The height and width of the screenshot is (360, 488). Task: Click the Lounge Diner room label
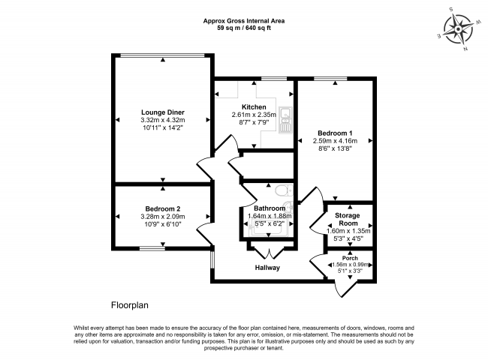[x=163, y=112]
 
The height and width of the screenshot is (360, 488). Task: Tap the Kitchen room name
[x=254, y=107]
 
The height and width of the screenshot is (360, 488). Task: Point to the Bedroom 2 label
[x=163, y=209]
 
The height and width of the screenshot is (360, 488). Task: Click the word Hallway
[x=267, y=268]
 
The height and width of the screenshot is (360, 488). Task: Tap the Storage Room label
[x=348, y=219]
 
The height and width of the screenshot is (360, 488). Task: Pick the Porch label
[x=350, y=258]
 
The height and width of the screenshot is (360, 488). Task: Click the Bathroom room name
[x=270, y=208]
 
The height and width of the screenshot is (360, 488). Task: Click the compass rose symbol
[x=458, y=29]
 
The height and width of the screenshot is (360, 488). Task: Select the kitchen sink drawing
[x=285, y=120]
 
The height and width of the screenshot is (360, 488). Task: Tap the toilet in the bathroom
[x=284, y=190]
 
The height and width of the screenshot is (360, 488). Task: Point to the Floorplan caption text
[x=130, y=305]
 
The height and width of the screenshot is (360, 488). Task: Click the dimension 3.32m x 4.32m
[x=163, y=120]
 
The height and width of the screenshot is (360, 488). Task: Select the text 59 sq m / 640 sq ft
[x=244, y=28]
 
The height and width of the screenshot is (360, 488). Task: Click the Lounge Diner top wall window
[x=163, y=55]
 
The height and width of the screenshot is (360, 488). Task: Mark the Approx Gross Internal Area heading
[x=244, y=21]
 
